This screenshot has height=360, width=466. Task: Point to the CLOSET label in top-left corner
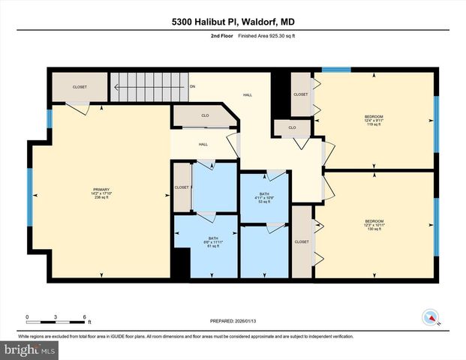(80, 87)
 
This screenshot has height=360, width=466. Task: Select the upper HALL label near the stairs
(247, 95)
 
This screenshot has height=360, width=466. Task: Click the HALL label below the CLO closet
(203, 144)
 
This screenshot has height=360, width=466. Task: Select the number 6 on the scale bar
(86, 316)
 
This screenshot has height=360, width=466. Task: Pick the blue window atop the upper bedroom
(336, 70)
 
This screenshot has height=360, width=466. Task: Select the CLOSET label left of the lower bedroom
(302, 241)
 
